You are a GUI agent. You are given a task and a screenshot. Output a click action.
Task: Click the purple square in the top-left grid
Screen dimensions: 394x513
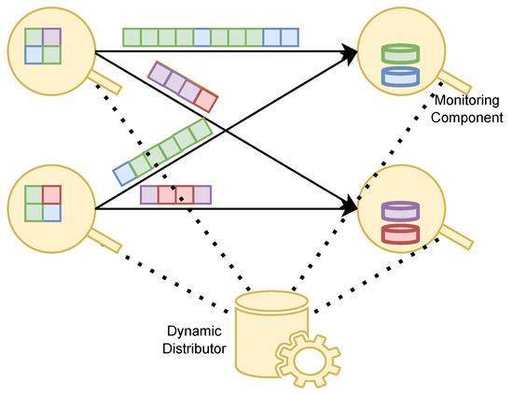(x=51, y=36)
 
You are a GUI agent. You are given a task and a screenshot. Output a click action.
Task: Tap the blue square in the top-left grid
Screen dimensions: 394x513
(x=35, y=53)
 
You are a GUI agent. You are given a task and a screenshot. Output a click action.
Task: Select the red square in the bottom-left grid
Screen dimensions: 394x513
(x=51, y=195)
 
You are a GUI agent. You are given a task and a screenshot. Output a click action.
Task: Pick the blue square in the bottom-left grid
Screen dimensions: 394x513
(x=51, y=212)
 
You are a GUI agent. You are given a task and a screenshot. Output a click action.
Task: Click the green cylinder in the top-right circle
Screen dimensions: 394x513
(x=398, y=54)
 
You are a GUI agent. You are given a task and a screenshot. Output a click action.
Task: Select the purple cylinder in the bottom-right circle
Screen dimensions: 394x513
(x=398, y=213)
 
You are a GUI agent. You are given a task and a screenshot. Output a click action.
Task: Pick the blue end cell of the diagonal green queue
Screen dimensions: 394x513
(x=124, y=173)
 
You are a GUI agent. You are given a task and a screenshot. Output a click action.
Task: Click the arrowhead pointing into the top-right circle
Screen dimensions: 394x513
(x=351, y=54)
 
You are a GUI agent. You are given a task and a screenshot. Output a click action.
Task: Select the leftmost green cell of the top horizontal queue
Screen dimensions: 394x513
(x=132, y=36)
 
